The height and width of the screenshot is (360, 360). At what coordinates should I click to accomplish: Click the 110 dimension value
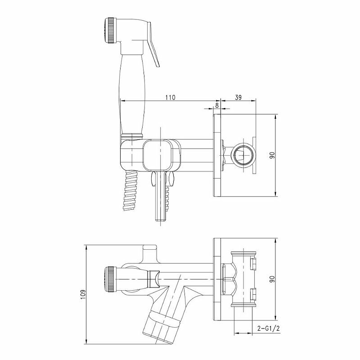click(170, 97)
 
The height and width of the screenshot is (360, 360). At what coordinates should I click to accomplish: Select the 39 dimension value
click(238, 97)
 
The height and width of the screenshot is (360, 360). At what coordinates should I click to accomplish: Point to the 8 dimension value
click(217, 105)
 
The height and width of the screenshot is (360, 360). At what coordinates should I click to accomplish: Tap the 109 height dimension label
click(83, 294)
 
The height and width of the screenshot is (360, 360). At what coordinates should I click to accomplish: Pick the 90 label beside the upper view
click(272, 155)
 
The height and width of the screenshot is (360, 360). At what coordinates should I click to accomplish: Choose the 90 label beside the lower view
click(272, 279)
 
